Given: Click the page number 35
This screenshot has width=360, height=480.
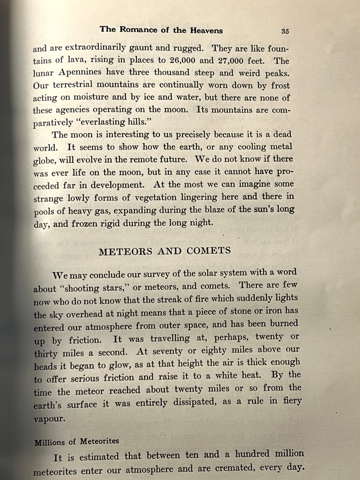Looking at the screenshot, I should click(x=285, y=31).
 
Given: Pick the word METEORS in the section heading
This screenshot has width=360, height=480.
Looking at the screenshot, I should click(x=126, y=251).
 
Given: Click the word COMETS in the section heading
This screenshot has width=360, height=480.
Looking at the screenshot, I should click(x=209, y=251).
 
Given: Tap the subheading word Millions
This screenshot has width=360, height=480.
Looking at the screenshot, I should click(x=49, y=443).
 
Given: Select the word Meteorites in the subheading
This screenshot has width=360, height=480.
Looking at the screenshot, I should click(x=99, y=441).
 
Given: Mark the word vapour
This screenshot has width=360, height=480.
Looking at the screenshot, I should click(x=49, y=419).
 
